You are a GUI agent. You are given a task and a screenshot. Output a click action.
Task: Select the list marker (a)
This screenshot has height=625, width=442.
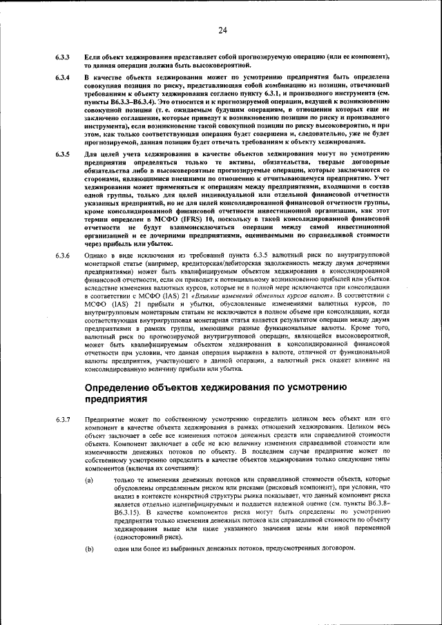pyautogui.click(x=89, y=479)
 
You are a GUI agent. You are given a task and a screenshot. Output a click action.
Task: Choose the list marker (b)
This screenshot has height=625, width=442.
pyautogui.click(x=89, y=548)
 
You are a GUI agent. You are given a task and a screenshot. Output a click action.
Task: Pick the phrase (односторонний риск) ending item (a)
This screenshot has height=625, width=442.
pyautogui.click(x=148, y=535)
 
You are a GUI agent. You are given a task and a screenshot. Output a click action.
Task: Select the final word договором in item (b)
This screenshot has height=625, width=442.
pyautogui.click(x=338, y=548)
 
